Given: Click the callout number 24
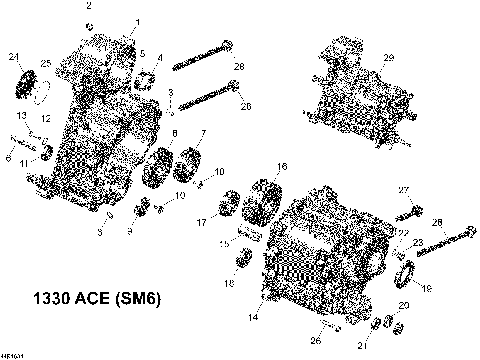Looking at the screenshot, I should tap(13, 55).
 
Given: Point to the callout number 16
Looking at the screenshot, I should tap(283, 166).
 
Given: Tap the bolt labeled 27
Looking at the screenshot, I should tap(412, 213).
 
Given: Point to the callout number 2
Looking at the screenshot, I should tap(88, 7).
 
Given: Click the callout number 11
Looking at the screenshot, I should tap(27, 161).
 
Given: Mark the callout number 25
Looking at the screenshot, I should tap(45, 65).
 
